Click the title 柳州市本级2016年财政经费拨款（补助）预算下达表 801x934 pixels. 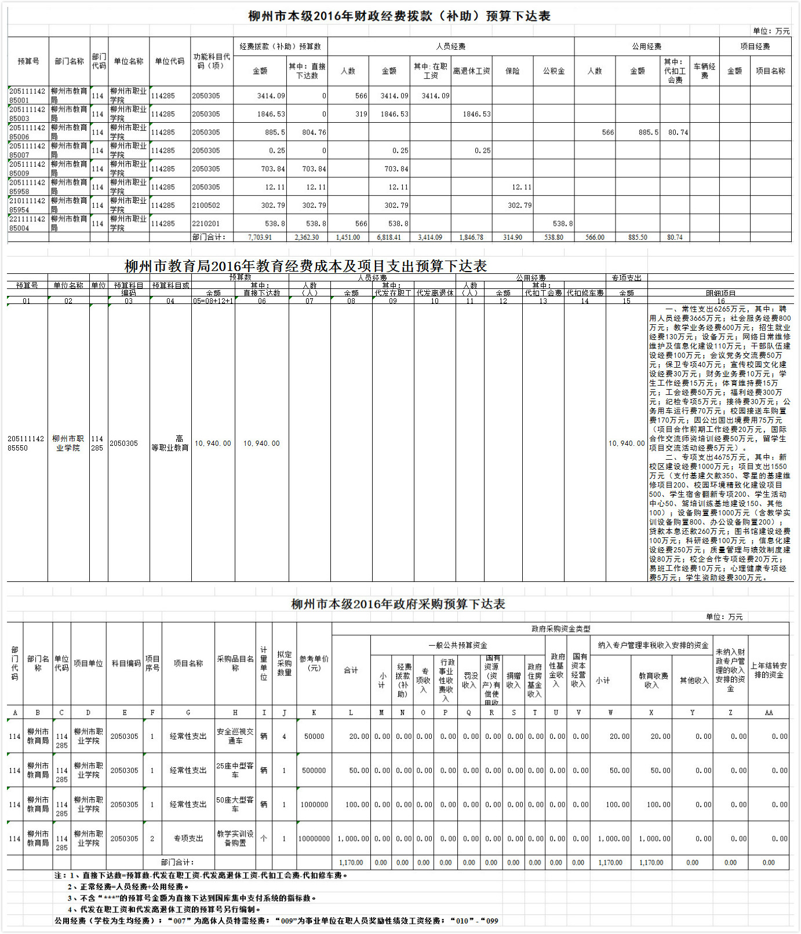point(399,16)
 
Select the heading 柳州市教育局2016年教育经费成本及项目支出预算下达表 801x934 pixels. point(305,266)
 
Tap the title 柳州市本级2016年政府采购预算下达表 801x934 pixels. point(398,604)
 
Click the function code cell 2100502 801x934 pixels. point(206,206)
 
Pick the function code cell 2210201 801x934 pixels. point(206,224)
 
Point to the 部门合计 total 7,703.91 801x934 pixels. point(260,237)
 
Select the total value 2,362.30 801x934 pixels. point(307,237)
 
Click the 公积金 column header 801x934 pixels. point(554,71)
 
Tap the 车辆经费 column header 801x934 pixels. point(704,71)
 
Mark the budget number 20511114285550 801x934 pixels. point(26,444)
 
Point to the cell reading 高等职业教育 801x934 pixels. point(170,444)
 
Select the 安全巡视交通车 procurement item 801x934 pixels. point(235,736)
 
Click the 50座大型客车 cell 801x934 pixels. point(235,804)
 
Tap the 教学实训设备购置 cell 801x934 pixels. point(235,838)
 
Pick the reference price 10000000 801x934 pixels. point(314,838)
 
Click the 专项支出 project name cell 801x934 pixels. point(188,838)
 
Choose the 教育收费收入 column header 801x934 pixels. point(652,680)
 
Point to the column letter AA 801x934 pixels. point(769,713)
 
